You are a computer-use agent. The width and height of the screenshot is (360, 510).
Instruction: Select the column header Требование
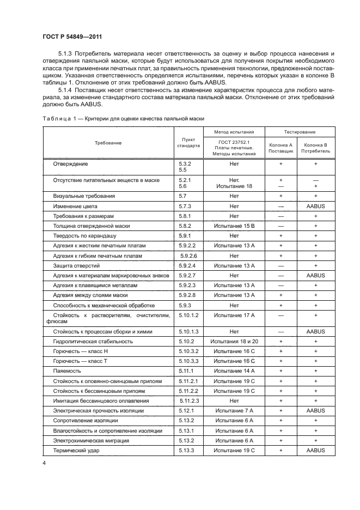108,143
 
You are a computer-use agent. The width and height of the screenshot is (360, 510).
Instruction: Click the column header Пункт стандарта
188,143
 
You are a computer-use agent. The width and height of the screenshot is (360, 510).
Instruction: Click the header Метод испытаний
234,132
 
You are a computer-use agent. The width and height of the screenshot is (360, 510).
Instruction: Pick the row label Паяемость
68,372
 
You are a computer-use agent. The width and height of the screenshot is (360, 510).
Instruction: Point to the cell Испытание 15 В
234,226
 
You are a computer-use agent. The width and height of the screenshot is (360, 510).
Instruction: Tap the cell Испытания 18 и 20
234,341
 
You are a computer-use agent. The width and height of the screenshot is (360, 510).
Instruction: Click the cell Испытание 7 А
234,410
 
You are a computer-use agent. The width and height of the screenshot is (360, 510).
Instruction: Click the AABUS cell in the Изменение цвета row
315,206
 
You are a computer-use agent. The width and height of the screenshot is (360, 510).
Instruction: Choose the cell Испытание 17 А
234,315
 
